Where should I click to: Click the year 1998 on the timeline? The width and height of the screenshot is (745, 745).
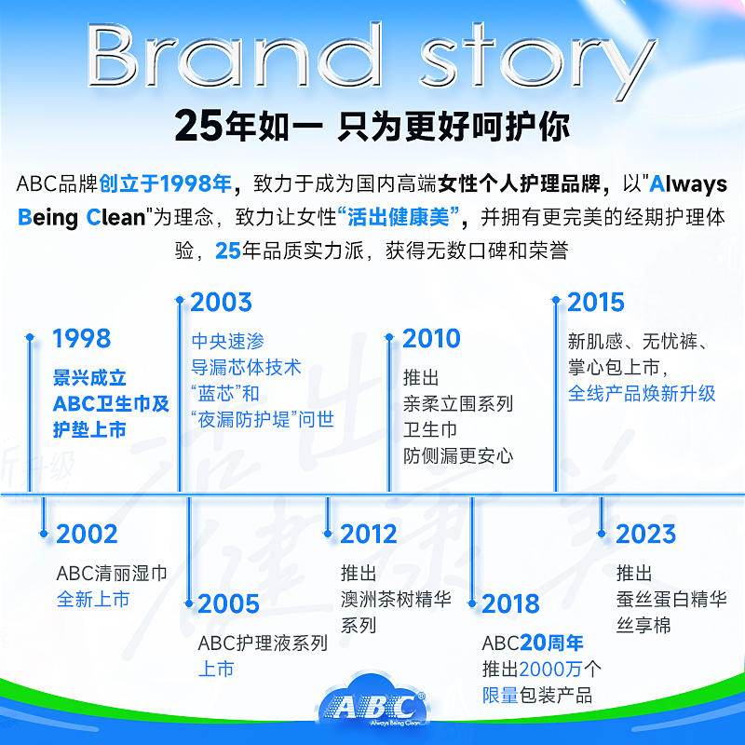[x=81, y=338]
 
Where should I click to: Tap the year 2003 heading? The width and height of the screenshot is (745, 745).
[x=221, y=302]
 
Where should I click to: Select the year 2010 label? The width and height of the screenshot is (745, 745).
[x=431, y=338]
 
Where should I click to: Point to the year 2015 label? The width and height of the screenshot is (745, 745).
[x=596, y=302]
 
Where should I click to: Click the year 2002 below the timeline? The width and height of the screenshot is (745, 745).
[x=87, y=534]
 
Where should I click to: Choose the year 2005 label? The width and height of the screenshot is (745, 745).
[x=228, y=603]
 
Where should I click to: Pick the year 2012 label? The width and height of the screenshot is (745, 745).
[x=368, y=534]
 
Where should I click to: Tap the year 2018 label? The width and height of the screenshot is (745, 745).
[x=510, y=603]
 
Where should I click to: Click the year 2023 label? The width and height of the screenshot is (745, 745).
[x=645, y=534]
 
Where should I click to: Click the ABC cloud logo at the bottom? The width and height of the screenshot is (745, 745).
[x=372, y=703]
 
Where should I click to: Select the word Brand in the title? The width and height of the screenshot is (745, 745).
[x=235, y=55]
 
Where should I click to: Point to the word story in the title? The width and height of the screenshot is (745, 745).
[x=538, y=61]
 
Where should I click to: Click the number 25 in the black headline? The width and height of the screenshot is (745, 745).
[x=198, y=126]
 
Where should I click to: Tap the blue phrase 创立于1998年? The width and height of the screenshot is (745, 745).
[x=165, y=183]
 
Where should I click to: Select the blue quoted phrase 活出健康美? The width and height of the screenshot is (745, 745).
[x=399, y=218]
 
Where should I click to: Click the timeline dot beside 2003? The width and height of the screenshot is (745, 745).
[x=180, y=300]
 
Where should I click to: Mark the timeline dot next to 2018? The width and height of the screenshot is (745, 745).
[x=472, y=603]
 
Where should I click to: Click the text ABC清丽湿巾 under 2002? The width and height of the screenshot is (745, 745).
[x=112, y=574]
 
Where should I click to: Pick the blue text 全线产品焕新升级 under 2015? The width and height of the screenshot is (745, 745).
[x=642, y=393]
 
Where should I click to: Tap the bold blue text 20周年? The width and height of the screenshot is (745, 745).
[x=551, y=643]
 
